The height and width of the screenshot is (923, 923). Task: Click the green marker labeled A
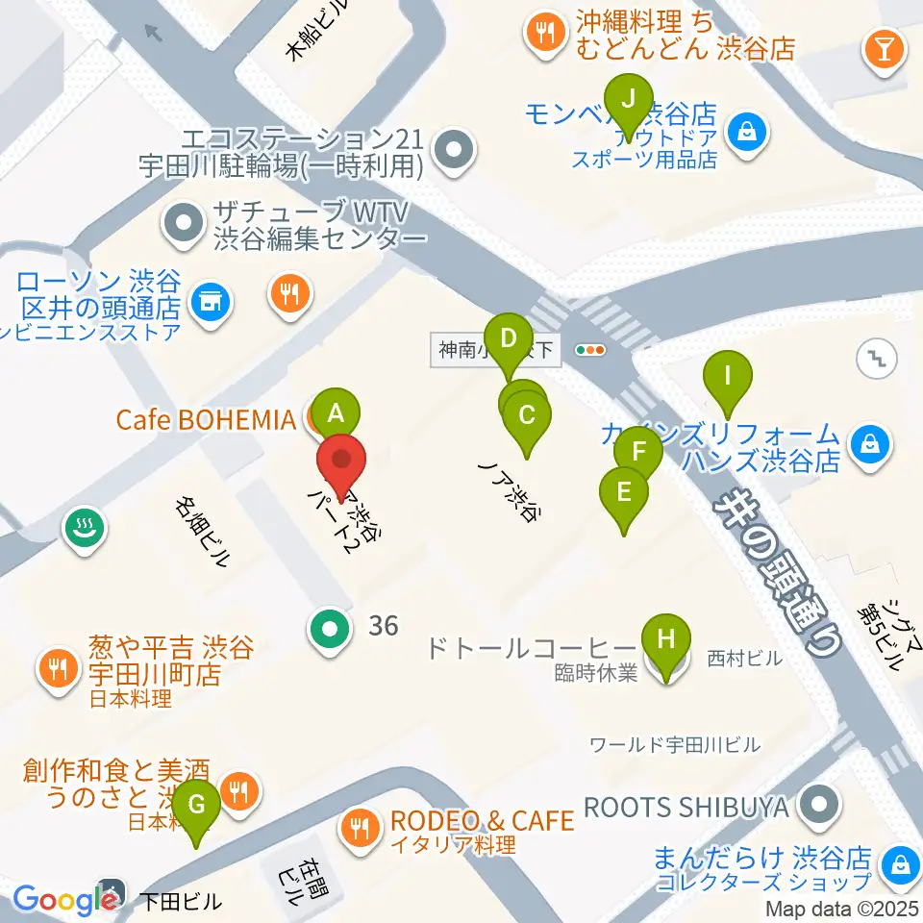coord(336,414)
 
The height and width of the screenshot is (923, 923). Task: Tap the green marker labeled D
coord(509,338)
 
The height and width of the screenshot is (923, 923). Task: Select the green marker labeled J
coord(630,99)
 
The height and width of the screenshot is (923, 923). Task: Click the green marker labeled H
coord(670,638)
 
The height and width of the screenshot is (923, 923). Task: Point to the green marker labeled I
coord(728,376)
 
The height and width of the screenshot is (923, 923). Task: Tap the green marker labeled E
coord(624,492)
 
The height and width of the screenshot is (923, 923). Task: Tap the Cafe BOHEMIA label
coord(205,420)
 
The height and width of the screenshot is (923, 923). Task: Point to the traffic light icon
coord(588,351)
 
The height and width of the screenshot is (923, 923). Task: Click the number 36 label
coord(383,626)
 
